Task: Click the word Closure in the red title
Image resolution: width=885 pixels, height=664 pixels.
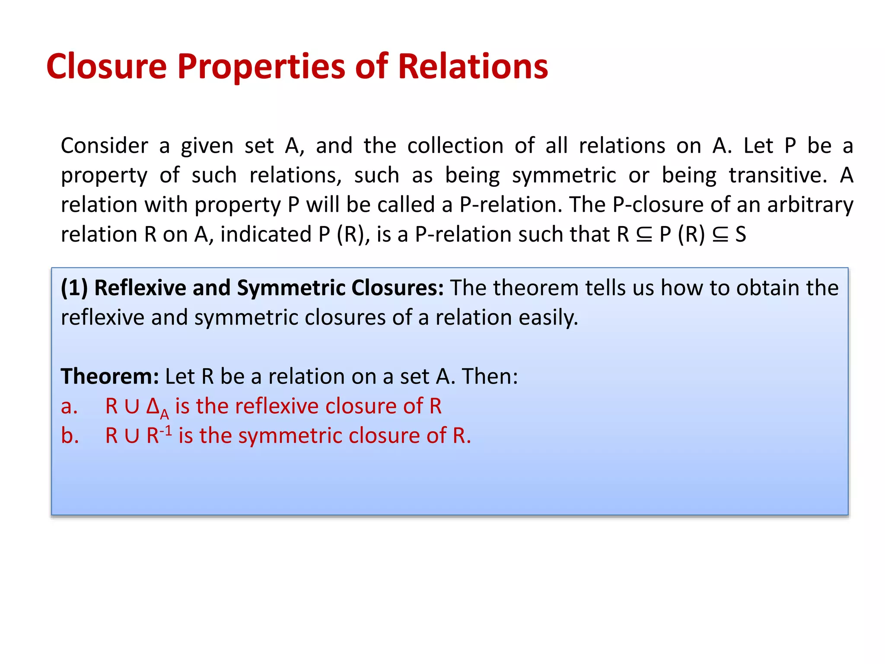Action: coord(106,67)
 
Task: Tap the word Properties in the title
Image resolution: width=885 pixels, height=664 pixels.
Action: coord(261,67)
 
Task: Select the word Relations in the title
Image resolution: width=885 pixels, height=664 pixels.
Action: coord(473,67)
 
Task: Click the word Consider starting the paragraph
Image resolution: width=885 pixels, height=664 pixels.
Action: coord(104,146)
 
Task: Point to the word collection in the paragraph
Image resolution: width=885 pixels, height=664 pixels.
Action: coord(455,146)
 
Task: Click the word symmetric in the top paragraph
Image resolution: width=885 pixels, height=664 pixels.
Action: coord(564,176)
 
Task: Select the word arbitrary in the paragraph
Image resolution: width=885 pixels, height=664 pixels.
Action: coord(810,205)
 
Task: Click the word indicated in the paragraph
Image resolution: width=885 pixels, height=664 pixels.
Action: coord(266,234)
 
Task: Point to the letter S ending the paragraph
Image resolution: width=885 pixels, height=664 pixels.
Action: coord(741,235)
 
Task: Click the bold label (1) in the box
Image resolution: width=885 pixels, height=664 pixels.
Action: coord(74,288)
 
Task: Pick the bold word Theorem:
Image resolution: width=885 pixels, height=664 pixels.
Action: coord(110,377)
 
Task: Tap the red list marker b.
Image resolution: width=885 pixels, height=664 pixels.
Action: coord(70,436)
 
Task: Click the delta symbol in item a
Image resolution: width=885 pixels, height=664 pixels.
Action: coord(153,406)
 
